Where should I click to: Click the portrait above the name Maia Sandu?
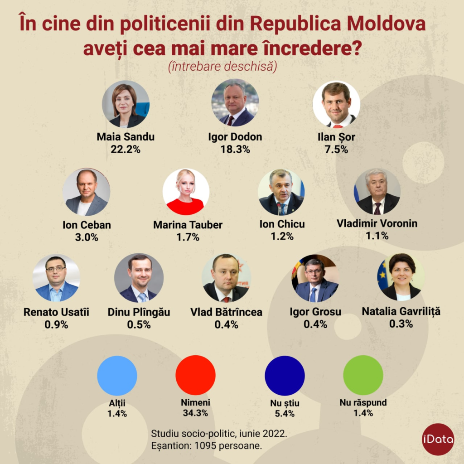(x=126, y=105)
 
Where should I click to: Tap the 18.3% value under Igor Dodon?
(x=235, y=149)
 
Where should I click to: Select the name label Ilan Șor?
(x=337, y=137)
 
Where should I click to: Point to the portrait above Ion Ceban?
(x=86, y=192)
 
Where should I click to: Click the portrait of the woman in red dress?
(x=186, y=192)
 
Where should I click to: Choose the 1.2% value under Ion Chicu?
(x=282, y=236)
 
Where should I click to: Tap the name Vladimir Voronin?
(x=377, y=223)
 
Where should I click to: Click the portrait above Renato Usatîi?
(x=56, y=278)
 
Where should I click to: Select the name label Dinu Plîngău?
(x=139, y=312)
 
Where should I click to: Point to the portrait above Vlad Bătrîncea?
(x=226, y=278)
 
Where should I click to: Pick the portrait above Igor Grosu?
(x=315, y=278)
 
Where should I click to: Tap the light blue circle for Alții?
(x=117, y=375)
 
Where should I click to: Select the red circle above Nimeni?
(x=195, y=375)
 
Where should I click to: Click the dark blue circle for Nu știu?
(x=285, y=376)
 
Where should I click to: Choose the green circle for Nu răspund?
(x=363, y=375)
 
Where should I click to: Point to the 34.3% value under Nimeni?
(x=195, y=412)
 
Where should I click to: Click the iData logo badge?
(x=438, y=439)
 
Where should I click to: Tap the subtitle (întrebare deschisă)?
(x=222, y=67)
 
